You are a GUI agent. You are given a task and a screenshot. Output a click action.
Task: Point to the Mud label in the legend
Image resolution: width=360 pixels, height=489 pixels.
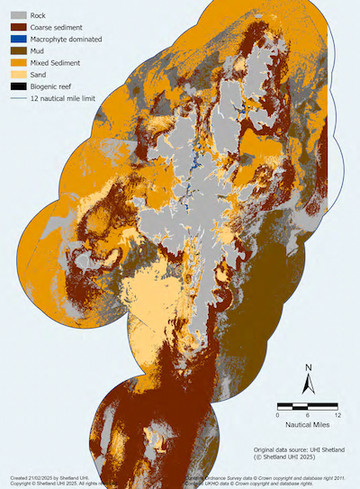tap(39, 51)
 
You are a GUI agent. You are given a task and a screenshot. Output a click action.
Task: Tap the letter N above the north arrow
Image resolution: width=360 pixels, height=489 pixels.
tap(308, 367)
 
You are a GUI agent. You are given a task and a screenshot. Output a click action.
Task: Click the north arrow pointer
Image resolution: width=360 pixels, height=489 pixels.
tap(308, 385)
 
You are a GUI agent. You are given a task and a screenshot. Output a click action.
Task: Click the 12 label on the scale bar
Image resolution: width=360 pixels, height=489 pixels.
tap(337, 416)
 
